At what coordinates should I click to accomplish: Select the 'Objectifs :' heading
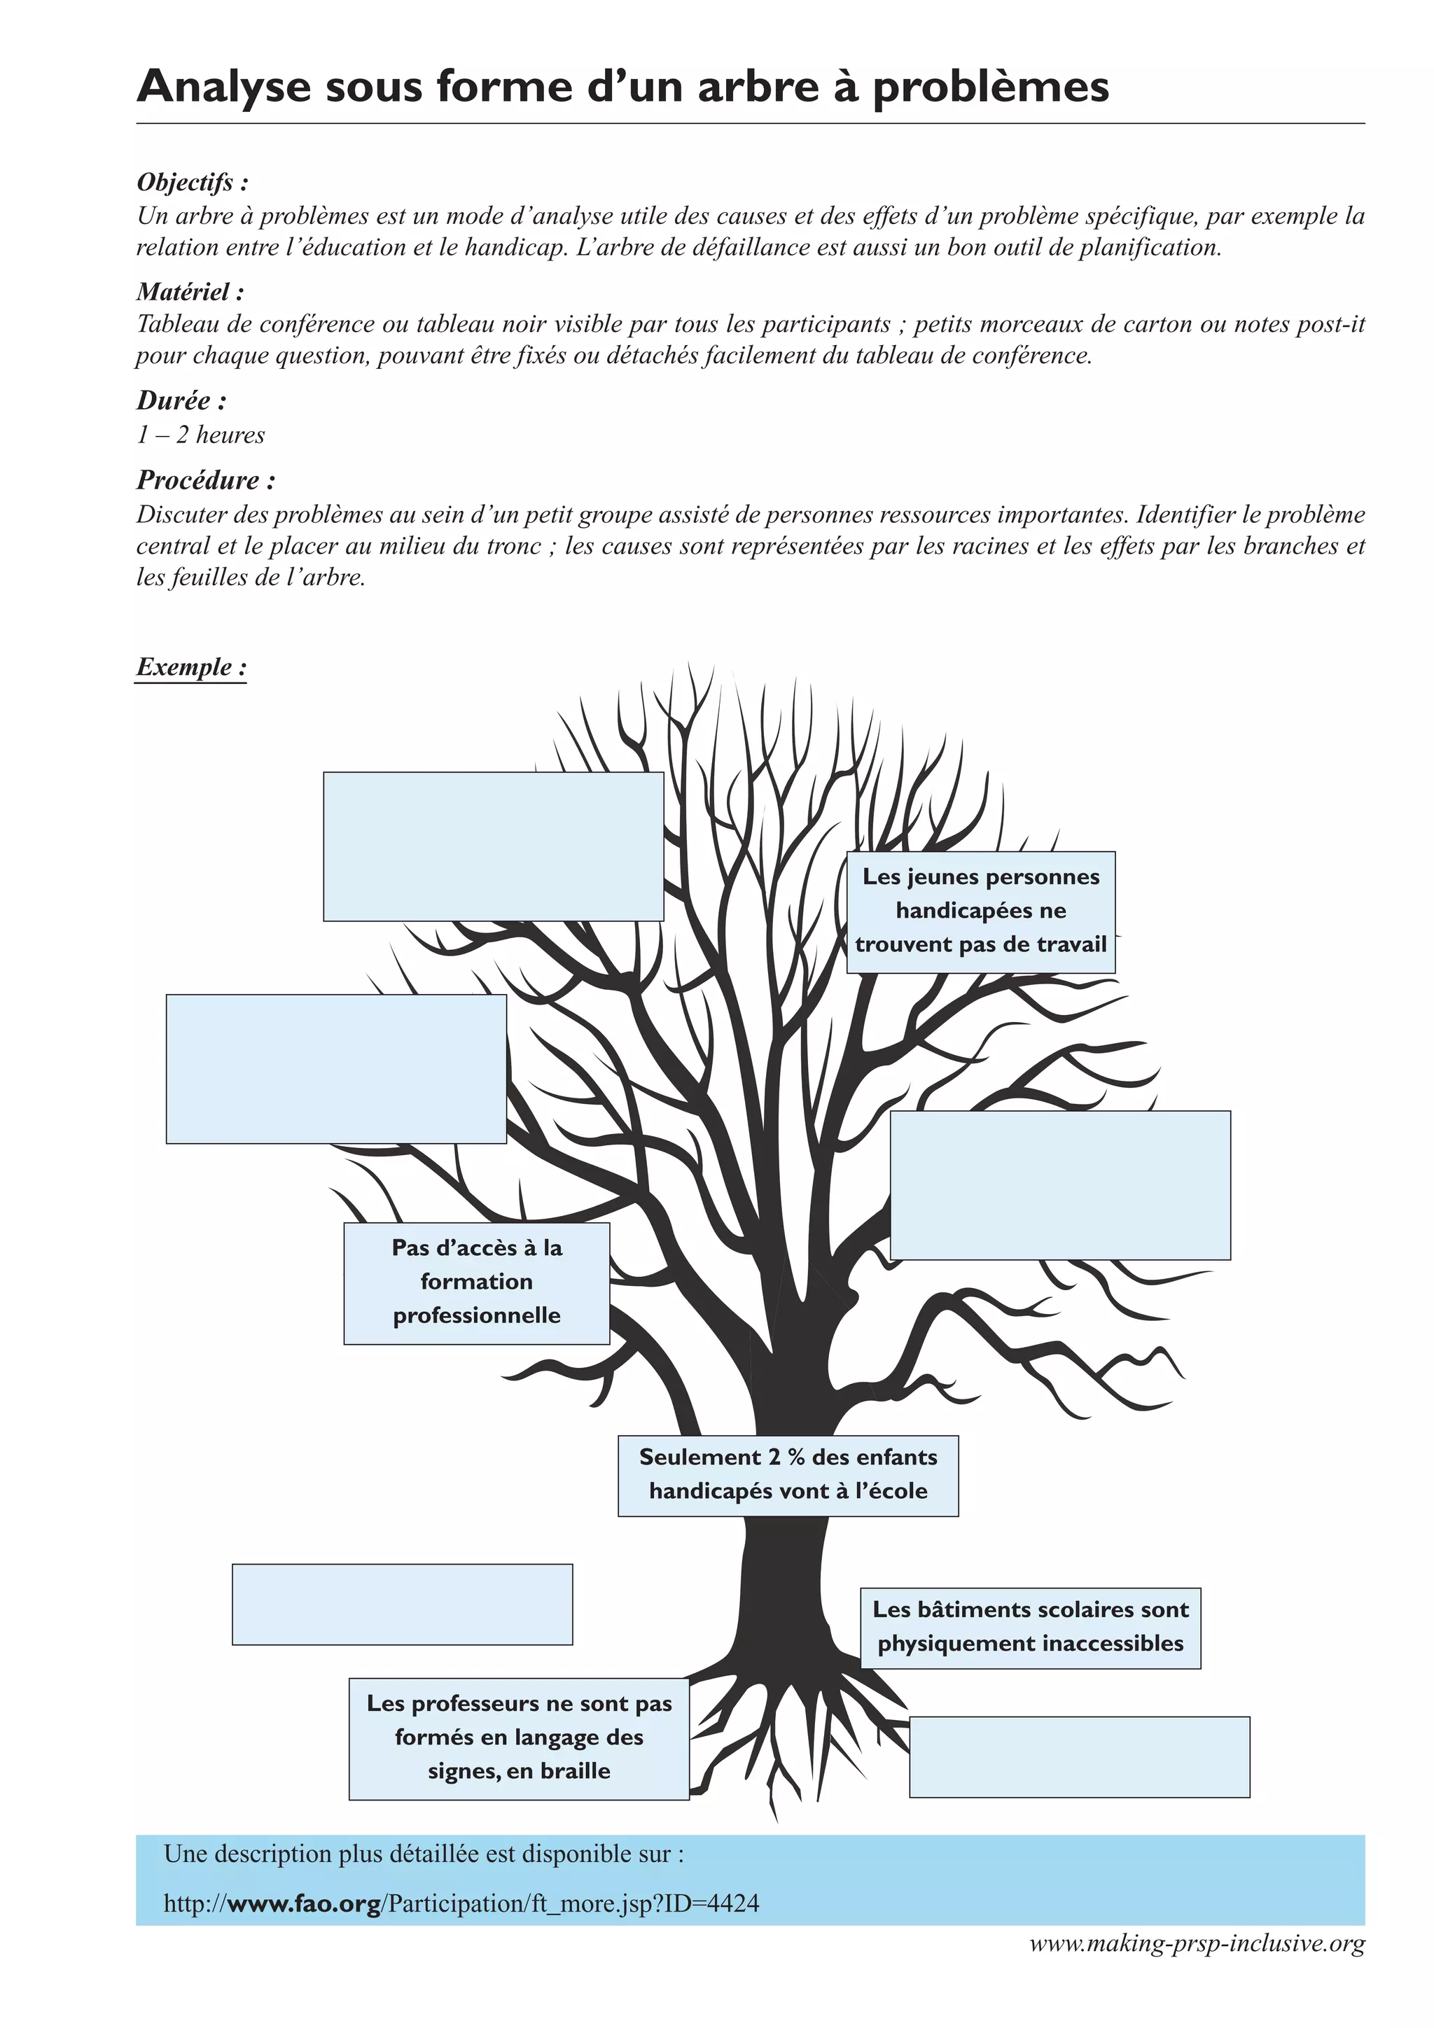193,183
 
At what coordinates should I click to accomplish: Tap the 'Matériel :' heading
190,291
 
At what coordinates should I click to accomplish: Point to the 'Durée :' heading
181,401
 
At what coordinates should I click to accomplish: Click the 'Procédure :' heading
206,480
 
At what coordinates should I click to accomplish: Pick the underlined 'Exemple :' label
191,667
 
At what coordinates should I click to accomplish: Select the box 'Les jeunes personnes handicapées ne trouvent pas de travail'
981,911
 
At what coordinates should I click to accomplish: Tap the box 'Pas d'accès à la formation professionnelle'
476,1282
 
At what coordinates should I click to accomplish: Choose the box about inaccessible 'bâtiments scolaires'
1030,1627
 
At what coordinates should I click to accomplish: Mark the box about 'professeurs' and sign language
519,1737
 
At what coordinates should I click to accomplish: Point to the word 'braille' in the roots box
574,1772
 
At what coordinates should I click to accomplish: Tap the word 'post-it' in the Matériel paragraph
1332,324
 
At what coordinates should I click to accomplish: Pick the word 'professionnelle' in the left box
476,1316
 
